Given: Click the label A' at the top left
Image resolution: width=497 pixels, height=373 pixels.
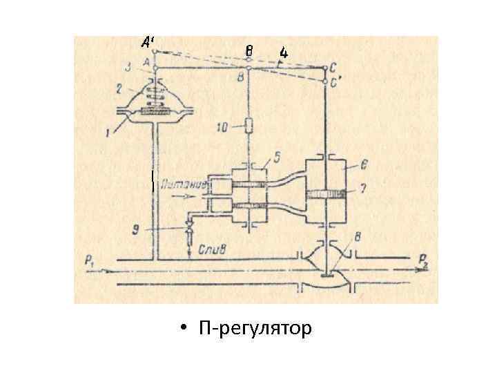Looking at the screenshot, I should (x=147, y=42).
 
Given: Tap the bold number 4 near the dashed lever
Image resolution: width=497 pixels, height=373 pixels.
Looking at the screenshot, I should (x=284, y=52).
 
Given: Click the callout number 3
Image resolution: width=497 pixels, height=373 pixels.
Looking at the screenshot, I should (x=128, y=67).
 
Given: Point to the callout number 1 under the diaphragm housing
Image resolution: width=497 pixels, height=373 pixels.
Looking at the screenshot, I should (x=109, y=131).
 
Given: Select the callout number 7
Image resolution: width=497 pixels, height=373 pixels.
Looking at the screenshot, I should (x=355, y=188).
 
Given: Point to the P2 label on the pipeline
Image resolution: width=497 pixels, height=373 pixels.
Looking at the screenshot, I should (x=423, y=260).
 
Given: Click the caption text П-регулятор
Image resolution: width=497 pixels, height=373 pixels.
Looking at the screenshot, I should (x=255, y=327).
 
